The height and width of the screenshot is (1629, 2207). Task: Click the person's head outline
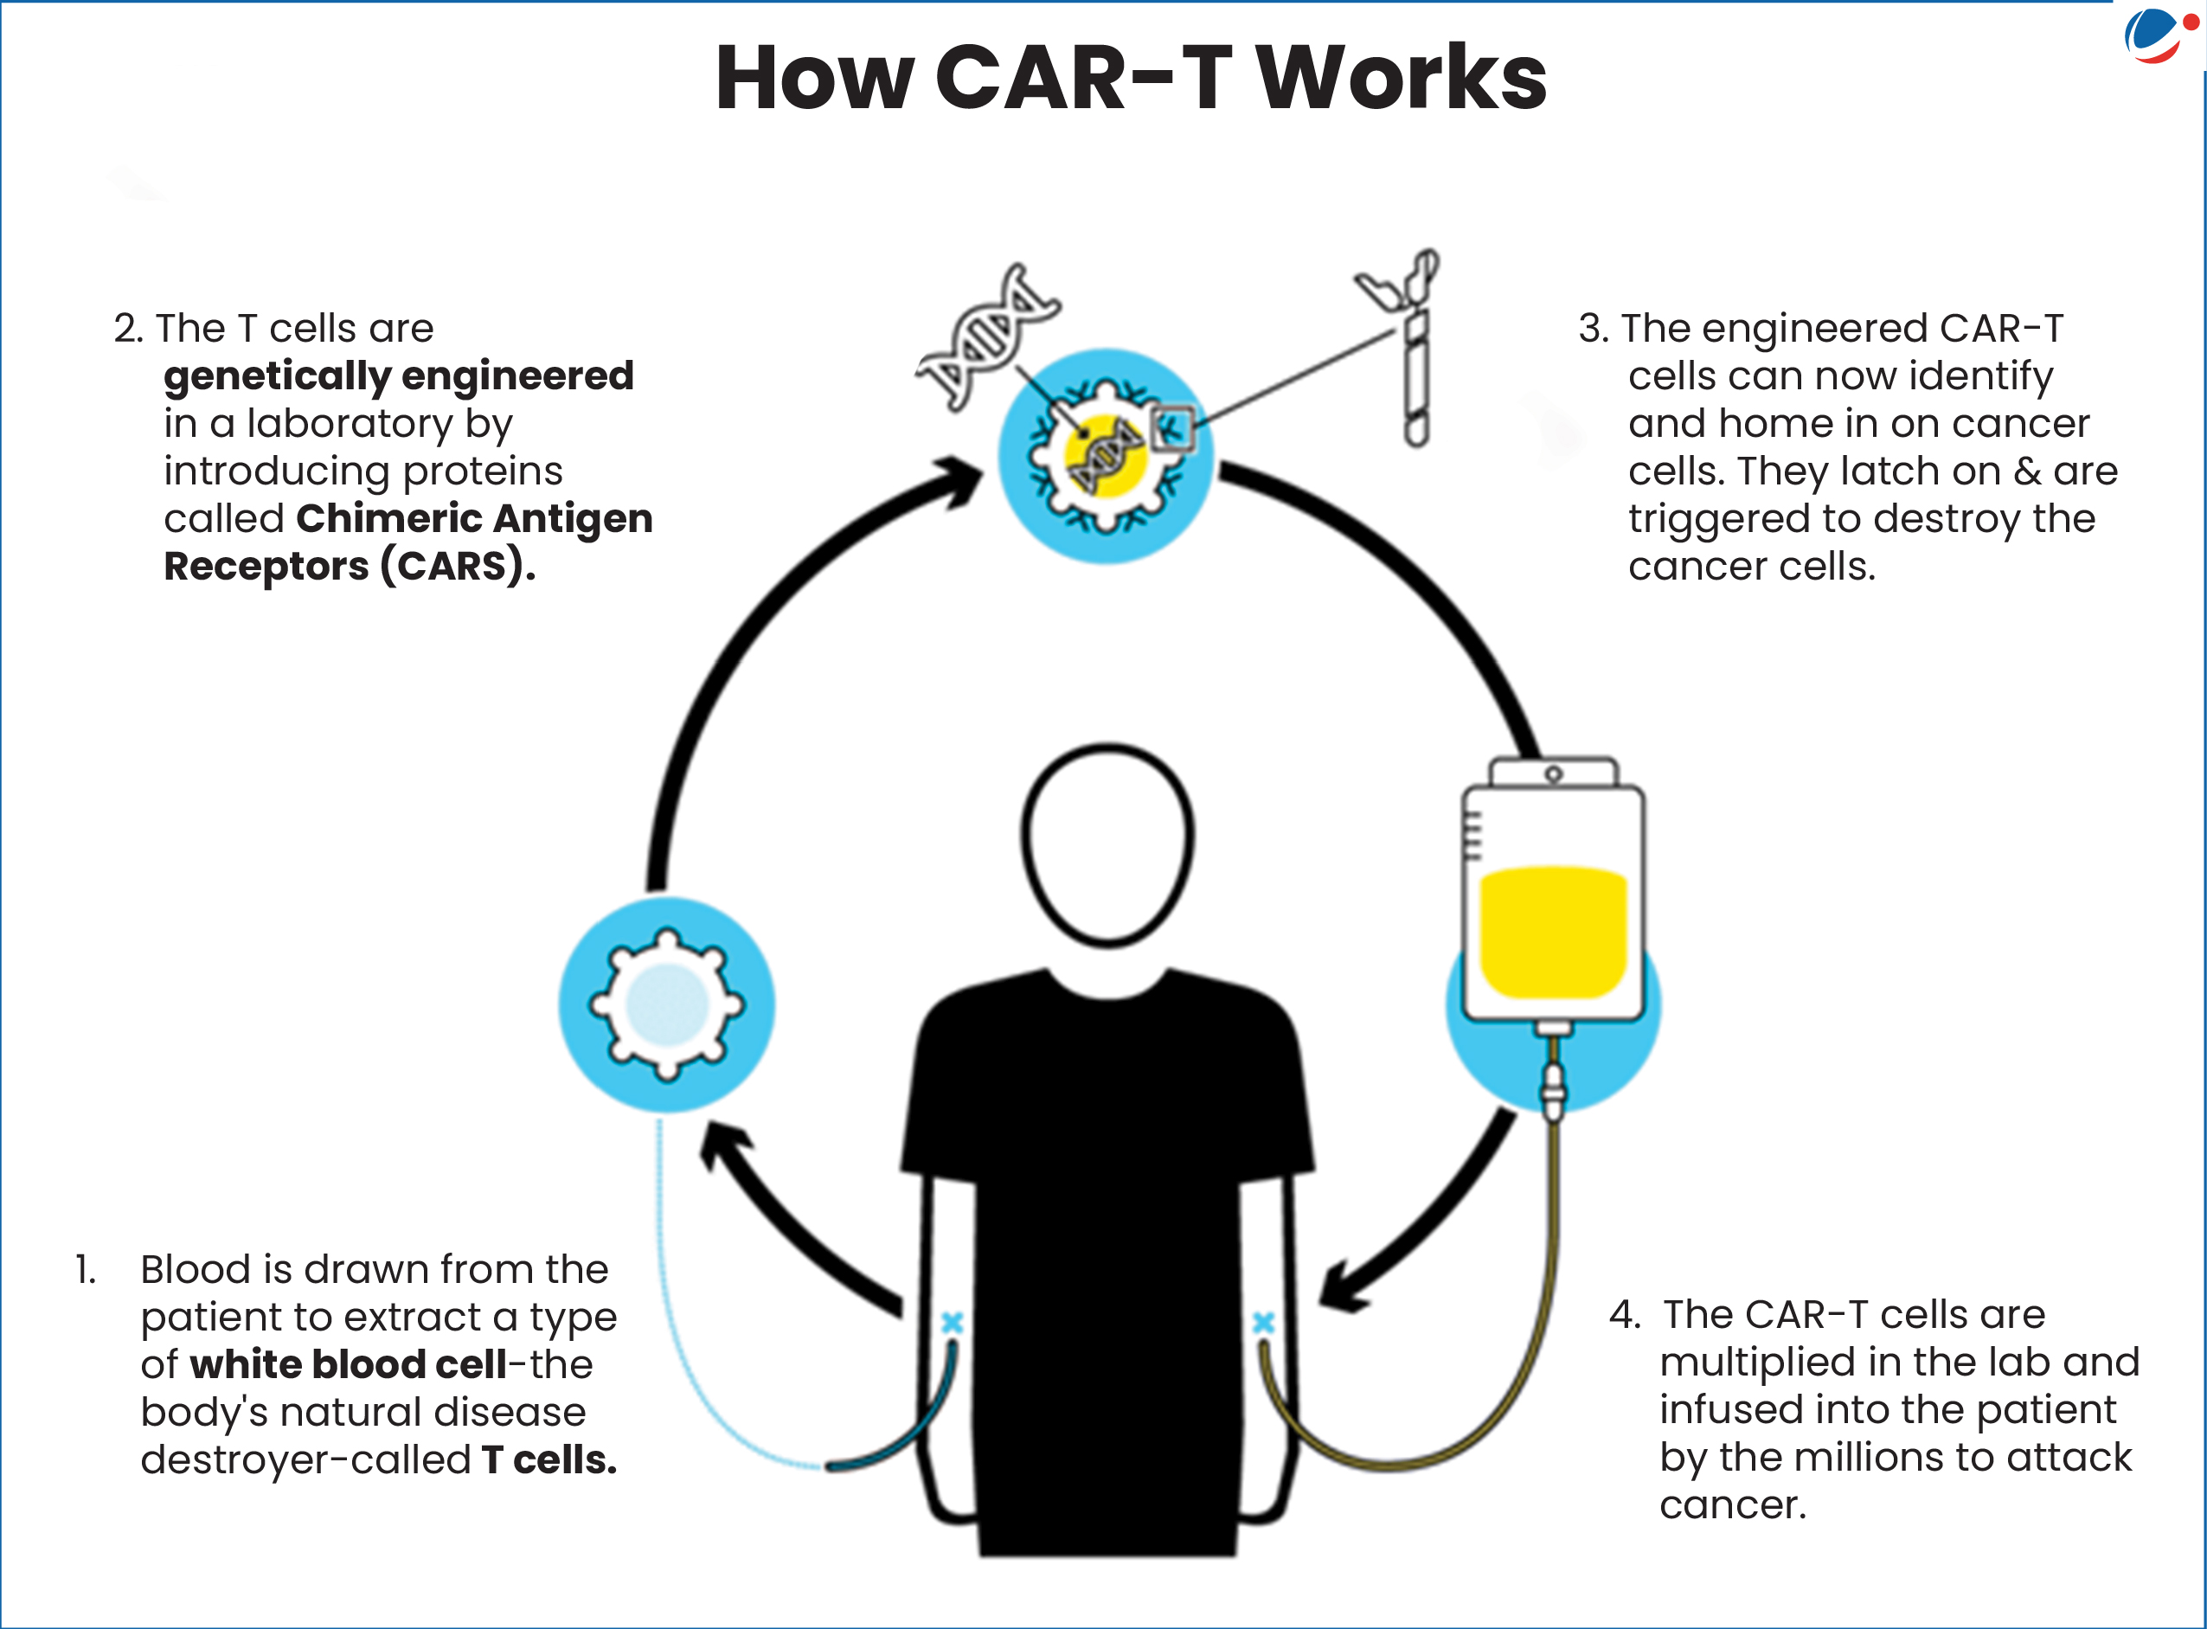[x=1107, y=844]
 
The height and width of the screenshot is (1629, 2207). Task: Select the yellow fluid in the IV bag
[x=1552, y=931]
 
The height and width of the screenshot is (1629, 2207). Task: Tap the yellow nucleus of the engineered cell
[x=1105, y=457]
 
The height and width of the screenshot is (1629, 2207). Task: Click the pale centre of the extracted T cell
[x=668, y=1004]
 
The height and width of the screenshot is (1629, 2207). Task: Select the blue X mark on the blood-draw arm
[x=952, y=1323]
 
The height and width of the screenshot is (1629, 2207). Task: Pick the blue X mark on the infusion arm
[x=1263, y=1323]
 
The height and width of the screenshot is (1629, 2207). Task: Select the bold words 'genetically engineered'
[x=399, y=375]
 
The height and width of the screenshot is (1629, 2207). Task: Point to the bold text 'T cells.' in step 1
[x=549, y=1459]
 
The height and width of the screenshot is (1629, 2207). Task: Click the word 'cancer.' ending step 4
[x=1733, y=1504]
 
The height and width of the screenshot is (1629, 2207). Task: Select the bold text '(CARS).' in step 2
[x=459, y=566]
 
